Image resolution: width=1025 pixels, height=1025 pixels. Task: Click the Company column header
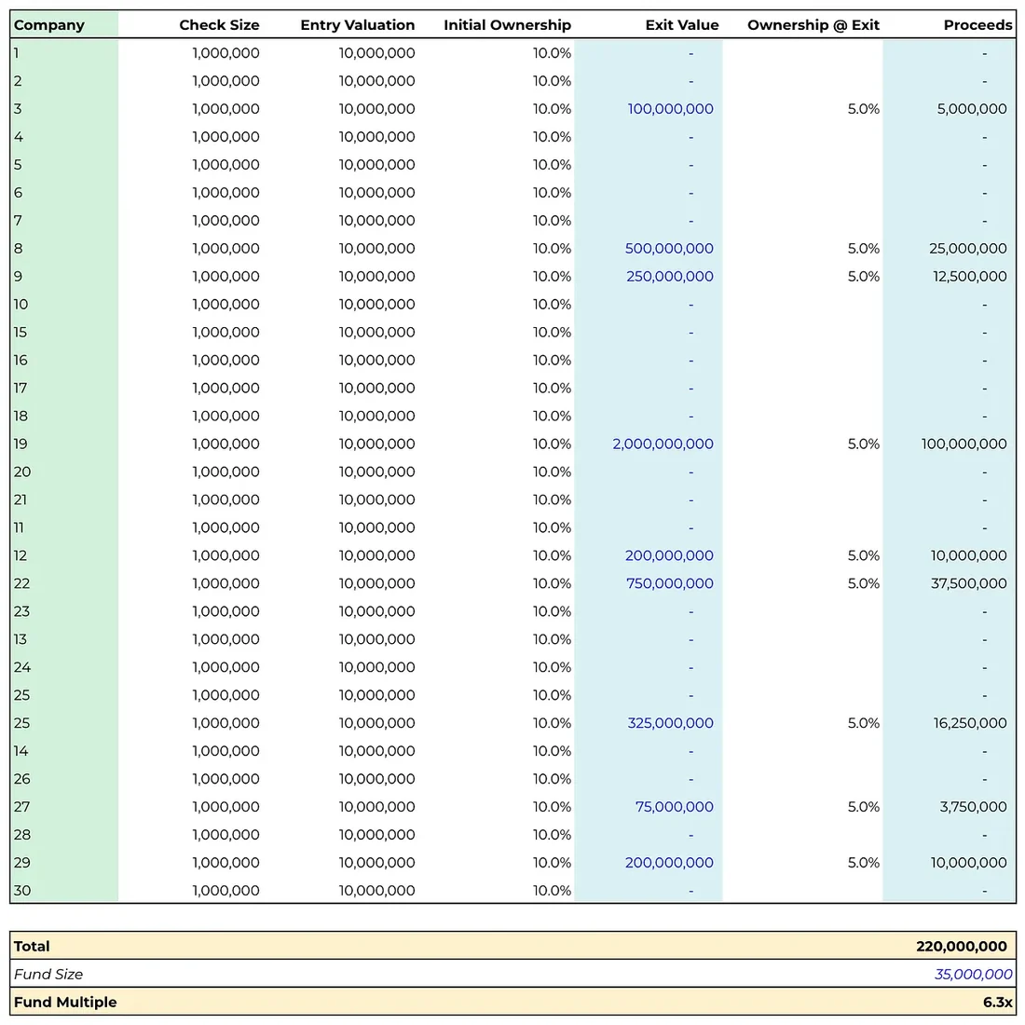point(49,25)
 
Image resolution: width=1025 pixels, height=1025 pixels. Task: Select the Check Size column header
point(219,25)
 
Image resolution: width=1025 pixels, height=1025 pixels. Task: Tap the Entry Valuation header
point(358,25)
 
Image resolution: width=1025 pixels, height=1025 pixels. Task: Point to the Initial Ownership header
point(507,25)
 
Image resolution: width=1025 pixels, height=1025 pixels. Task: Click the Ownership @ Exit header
point(813,25)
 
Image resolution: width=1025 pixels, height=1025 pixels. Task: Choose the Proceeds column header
point(977,25)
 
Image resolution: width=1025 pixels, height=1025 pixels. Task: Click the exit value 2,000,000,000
point(663,444)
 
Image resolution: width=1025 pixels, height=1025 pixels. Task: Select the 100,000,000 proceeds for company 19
point(964,444)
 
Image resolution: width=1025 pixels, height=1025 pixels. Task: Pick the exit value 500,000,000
point(669,249)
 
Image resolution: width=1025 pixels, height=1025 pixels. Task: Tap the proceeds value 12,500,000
point(970,277)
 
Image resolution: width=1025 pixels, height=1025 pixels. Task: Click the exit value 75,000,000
point(675,807)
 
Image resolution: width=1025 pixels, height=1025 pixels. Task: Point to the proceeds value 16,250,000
point(970,723)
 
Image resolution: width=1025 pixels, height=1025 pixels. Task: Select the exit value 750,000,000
point(670,583)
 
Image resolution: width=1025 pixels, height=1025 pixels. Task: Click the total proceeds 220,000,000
point(962,946)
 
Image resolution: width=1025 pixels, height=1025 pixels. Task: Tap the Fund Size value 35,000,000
point(974,974)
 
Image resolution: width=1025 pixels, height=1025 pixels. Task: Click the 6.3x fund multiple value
point(998,1002)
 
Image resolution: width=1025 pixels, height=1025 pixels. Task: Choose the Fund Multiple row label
point(65,1002)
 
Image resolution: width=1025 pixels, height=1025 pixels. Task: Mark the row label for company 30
point(22,890)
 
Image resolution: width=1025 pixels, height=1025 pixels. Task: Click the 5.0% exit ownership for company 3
point(864,109)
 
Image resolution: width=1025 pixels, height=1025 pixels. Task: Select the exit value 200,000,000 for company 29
point(669,862)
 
